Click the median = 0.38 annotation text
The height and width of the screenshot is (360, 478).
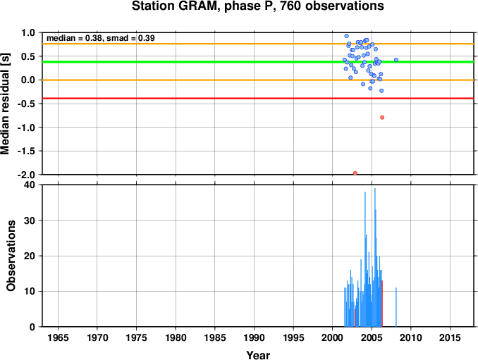point(74,38)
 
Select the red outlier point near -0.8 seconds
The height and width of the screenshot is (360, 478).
point(382,117)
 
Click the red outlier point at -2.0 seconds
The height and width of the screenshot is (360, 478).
point(355,173)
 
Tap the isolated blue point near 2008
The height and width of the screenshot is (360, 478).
point(396,60)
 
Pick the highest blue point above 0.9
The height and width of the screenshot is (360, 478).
point(346,36)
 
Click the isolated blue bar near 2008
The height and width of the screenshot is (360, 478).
point(396,307)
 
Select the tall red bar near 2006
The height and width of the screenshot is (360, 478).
point(382,304)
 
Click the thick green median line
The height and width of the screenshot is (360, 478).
point(258,62)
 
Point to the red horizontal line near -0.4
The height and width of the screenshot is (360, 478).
point(258,98)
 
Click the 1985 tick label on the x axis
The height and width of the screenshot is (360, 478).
point(215,337)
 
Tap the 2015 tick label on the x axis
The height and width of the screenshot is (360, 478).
point(450,337)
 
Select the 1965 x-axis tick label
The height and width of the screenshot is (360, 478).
point(58,337)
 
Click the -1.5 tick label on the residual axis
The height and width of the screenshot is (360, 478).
point(26,151)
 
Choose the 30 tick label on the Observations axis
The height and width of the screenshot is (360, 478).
point(30,221)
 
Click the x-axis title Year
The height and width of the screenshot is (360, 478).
point(258,355)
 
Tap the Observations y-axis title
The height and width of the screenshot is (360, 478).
point(11,256)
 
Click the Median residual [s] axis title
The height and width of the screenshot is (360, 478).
point(5,104)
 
